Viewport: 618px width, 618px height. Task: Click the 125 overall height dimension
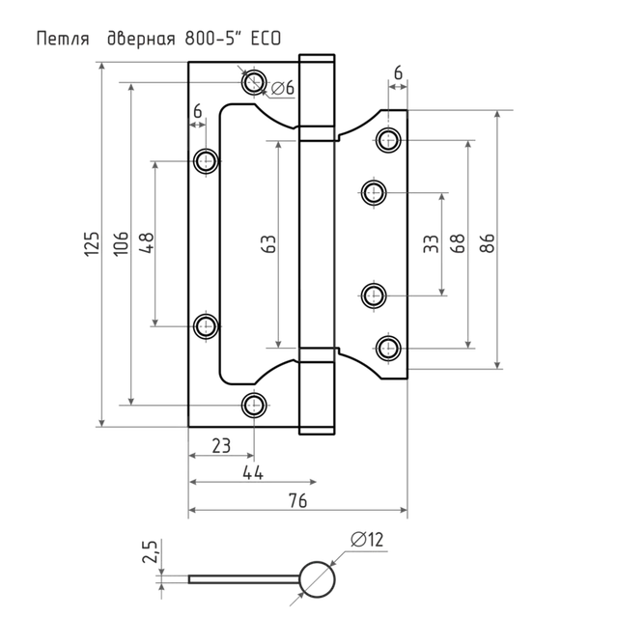92,244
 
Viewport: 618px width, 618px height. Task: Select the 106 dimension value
121,243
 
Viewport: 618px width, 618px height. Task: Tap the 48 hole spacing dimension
146,243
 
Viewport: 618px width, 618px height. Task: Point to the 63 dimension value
268,244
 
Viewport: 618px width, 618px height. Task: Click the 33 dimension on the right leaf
431,244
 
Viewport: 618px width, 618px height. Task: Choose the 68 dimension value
457,243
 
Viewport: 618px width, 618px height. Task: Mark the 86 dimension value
487,243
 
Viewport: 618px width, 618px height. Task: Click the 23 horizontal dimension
221,446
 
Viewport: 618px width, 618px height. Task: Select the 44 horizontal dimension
253,472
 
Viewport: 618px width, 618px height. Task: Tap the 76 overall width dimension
297,500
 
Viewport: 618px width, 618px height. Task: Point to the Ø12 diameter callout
367,540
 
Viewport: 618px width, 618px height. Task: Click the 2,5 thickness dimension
151,551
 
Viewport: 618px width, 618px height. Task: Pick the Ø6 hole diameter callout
283,88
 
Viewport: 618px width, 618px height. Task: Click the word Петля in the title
63,39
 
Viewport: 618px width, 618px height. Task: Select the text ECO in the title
267,39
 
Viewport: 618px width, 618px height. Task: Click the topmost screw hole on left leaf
254,82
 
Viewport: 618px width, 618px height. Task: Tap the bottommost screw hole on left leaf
254,405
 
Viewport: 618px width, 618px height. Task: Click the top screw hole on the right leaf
388,139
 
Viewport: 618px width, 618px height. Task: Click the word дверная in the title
141,39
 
